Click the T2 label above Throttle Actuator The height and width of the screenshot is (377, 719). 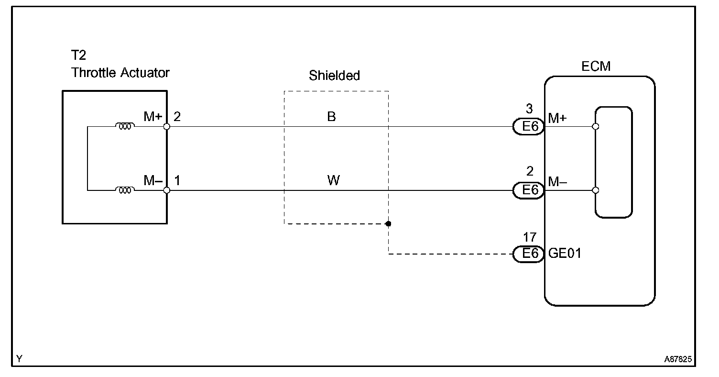pyautogui.click(x=79, y=55)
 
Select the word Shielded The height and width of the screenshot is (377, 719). pyautogui.click(x=334, y=76)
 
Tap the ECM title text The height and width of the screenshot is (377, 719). pyautogui.click(x=596, y=66)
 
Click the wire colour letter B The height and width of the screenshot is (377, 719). pyautogui.click(x=331, y=117)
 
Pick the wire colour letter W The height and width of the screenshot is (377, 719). pyautogui.click(x=333, y=181)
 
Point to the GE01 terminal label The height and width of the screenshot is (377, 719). pyautogui.click(x=565, y=254)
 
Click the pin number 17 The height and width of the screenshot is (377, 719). pyautogui.click(x=530, y=237)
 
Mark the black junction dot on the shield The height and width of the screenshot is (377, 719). pyautogui.click(x=388, y=223)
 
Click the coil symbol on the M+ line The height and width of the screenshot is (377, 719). pyautogui.click(x=125, y=127)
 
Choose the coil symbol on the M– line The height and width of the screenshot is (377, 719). pyautogui.click(x=125, y=190)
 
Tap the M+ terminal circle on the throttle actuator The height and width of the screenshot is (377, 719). pyautogui.click(x=166, y=127)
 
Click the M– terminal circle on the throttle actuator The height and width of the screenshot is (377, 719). pyautogui.click(x=166, y=190)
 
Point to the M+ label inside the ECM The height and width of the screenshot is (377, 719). pyautogui.click(x=557, y=118)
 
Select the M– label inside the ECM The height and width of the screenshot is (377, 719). pyautogui.click(x=557, y=182)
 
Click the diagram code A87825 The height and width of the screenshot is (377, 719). pyautogui.click(x=678, y=358)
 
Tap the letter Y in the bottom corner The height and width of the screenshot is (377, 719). pyautogui.click(x=19, y=358)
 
